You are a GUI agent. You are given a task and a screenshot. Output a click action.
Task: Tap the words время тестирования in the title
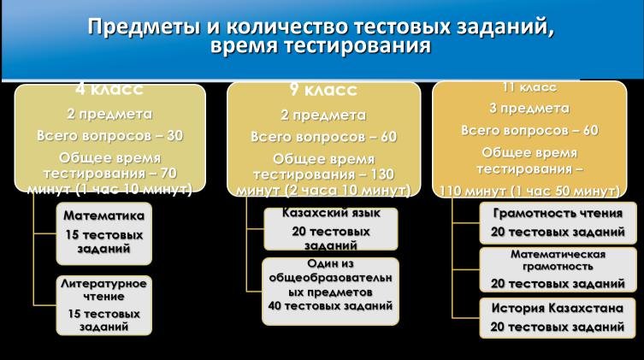click(x=321, y=46)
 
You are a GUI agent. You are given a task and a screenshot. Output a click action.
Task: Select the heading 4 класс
click(x=109, y=89)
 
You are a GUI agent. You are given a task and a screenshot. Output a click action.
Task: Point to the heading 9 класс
click(x=323, y=90)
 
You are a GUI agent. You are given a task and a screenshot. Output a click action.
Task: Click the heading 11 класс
click(x=529, y=87)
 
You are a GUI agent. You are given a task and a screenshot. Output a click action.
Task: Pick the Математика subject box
click(x=103, y=233)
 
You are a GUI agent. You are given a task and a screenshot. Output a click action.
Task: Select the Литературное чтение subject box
click(x=103, y=305)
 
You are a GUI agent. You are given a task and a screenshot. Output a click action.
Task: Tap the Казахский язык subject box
click(x=331, y=229)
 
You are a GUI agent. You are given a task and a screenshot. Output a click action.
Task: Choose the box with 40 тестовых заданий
click(x=331, y=292)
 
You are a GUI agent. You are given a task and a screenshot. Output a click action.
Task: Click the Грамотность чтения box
click(x=558, y=223)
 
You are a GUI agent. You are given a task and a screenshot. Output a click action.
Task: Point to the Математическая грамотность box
click(x=558, y=269)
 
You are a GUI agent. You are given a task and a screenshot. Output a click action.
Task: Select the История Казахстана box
click(x=558, y=318)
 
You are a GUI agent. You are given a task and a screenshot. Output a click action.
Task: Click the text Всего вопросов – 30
click(x=109, y=135)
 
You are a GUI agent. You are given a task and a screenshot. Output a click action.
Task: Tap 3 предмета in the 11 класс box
click(x=529, y=109)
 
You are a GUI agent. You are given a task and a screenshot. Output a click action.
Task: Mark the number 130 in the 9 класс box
click(x=382, y=174)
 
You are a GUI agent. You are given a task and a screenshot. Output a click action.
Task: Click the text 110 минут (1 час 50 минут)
click(x=529, y=191)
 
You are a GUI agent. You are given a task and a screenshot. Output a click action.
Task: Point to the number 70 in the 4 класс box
click(x=168, y=174)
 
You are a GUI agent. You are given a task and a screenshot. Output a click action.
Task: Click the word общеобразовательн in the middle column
click(x=331, y=278)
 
